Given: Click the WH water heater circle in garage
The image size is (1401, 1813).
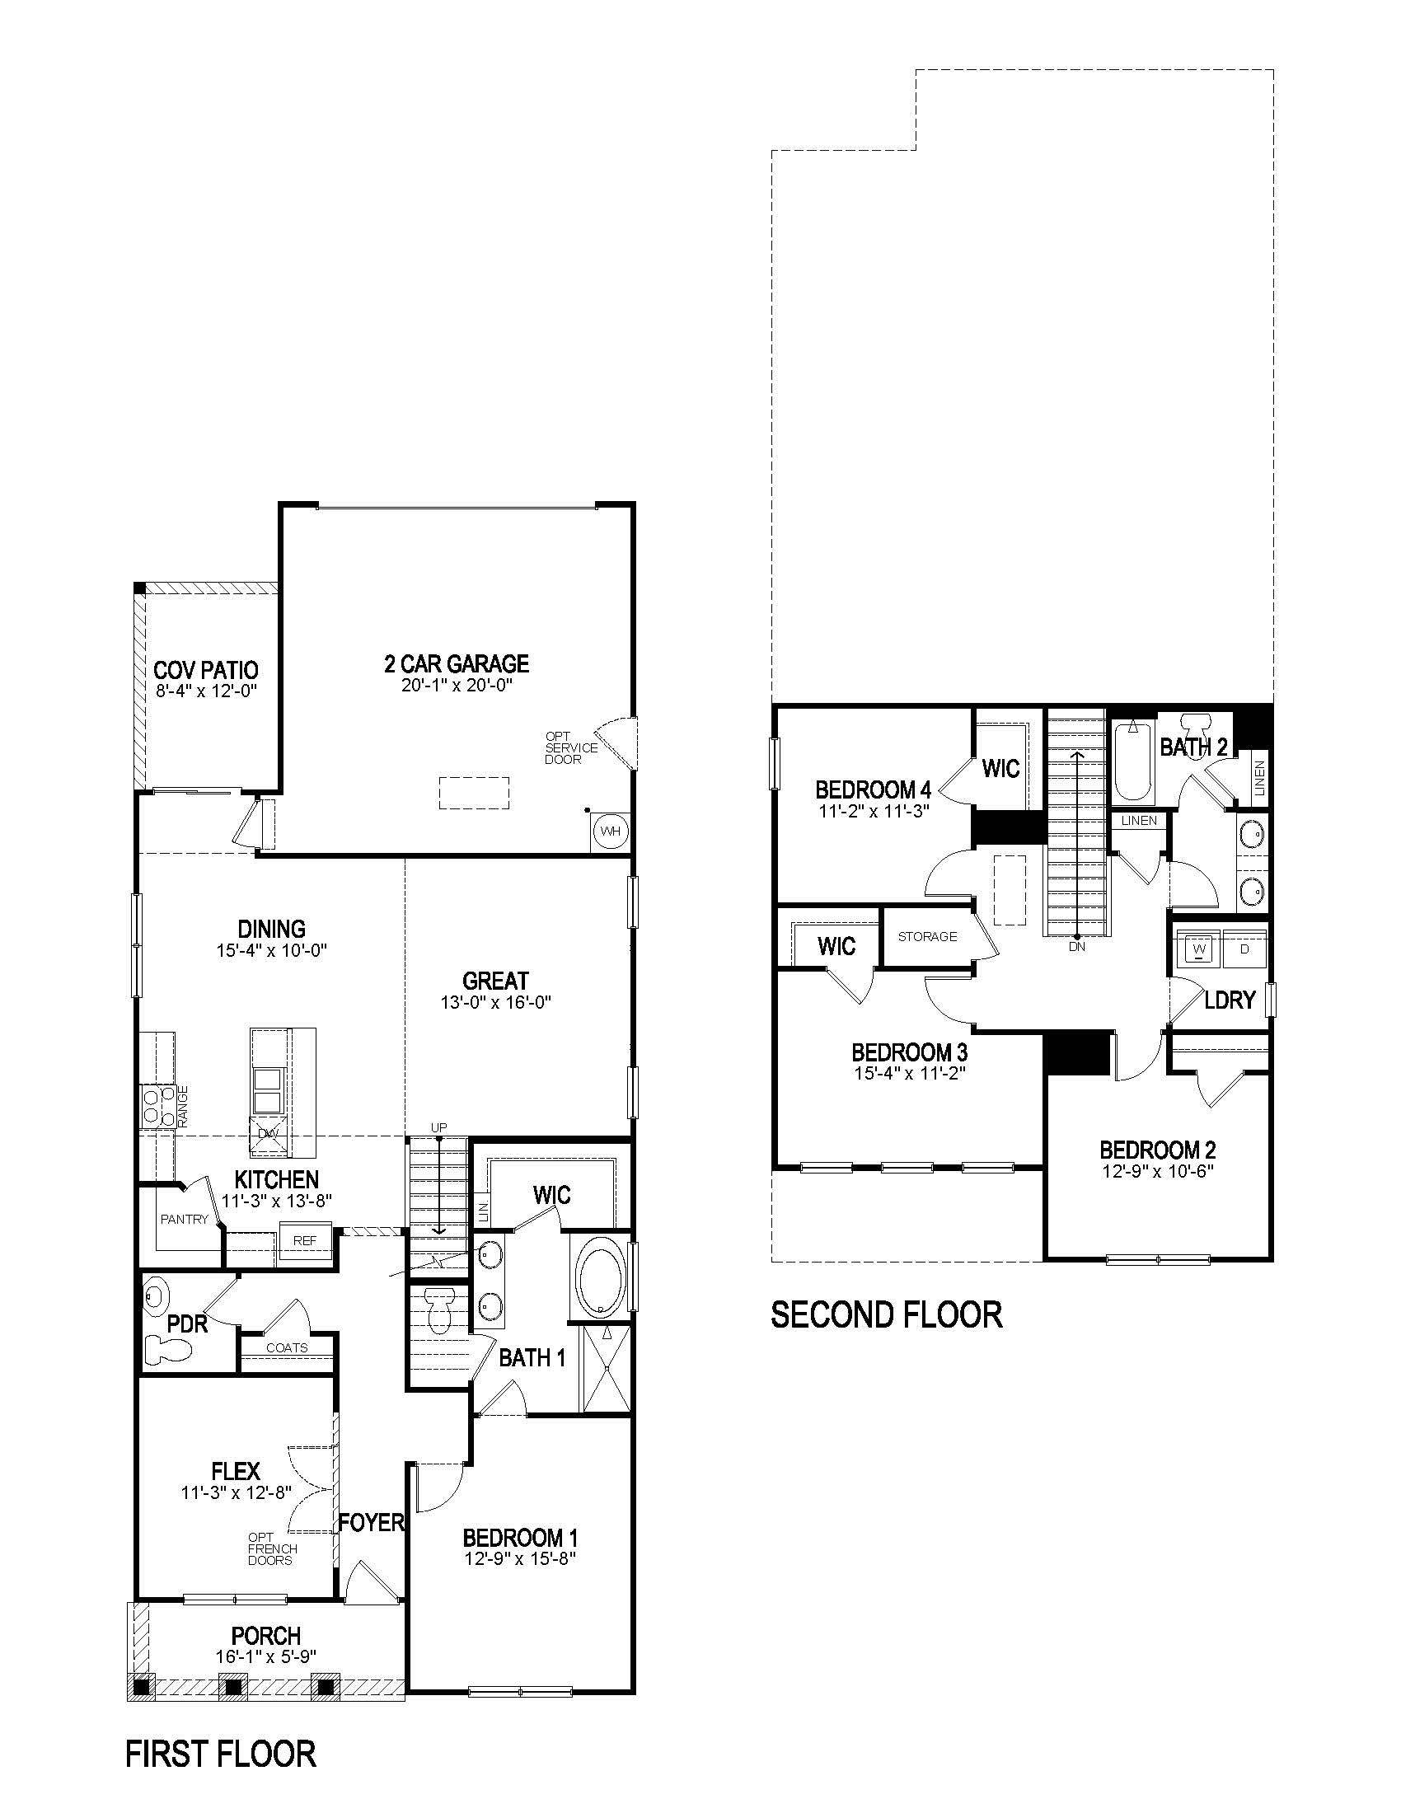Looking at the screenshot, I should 610,831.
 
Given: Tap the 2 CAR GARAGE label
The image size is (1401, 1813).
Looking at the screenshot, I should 457,663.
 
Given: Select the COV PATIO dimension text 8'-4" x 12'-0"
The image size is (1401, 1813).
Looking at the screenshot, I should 206,691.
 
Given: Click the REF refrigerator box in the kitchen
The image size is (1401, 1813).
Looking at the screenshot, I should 305,1240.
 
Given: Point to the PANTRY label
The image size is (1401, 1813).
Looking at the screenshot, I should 185,1219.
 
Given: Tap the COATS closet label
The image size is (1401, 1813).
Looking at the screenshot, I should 286,1347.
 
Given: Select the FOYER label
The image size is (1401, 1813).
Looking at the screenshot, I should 371,1521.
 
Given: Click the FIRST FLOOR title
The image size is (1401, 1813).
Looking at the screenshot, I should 221,1754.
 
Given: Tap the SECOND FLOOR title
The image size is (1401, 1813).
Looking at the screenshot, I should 886,1315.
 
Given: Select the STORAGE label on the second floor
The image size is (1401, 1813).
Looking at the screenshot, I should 927,936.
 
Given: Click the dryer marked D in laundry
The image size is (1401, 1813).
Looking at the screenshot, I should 1244,949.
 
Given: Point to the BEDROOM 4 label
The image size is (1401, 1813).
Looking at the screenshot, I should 873,789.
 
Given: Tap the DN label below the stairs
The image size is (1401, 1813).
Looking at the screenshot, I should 1076,945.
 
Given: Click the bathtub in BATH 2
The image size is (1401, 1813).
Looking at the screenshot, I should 1132,764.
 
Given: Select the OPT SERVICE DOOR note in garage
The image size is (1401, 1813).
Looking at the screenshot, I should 570,747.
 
